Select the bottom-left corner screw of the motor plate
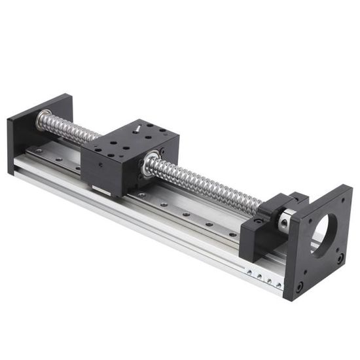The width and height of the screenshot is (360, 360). coord(299,286)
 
